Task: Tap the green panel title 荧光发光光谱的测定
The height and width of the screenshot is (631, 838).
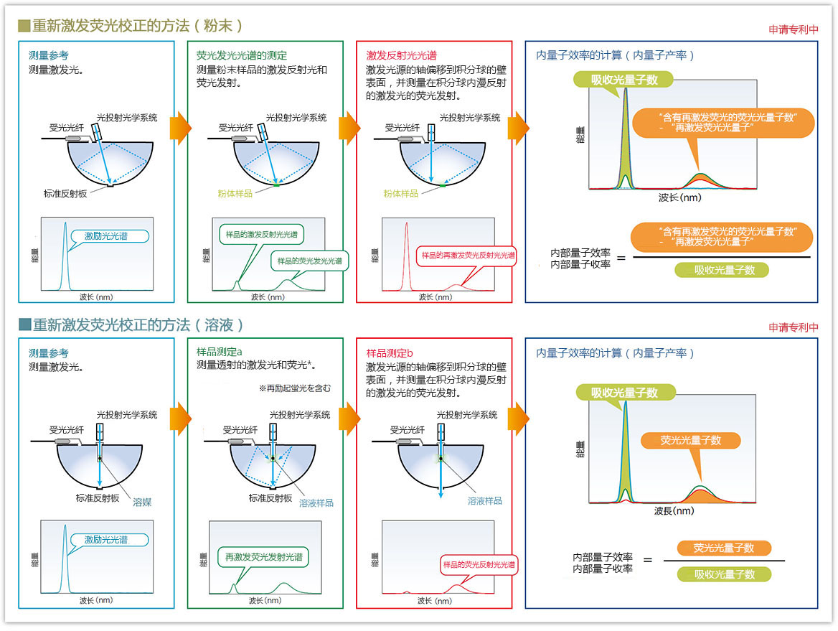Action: tap(242, 55)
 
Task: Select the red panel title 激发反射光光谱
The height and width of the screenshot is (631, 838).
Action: tap(402, 55)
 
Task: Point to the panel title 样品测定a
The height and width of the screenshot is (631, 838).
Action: tap(220, 352)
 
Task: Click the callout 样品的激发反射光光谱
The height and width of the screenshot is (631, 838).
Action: tap(261, 235)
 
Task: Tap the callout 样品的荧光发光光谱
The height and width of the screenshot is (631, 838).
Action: tap(309, 261)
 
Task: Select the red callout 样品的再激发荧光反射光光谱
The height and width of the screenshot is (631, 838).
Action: tap(468, 255)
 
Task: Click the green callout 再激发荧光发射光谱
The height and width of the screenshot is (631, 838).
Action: tap(263, 556)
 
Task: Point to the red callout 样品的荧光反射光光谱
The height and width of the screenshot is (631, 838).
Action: tap(478, 564)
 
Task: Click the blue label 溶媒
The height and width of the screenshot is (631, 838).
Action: tap(142, 503)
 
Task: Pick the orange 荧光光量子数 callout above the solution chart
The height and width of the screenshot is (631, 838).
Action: tap(690, 440)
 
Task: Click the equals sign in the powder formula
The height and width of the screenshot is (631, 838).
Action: tap(621, 257)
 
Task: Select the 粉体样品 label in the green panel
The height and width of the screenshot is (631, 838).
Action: tap(235, 193)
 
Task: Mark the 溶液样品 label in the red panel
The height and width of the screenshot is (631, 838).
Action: tap(485, 500)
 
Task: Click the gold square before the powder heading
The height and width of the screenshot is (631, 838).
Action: tap(24, 26)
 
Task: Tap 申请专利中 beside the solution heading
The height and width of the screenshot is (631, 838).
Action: tap(794, 327)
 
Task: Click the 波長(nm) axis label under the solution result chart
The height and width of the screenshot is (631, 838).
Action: tap(674, 511)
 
